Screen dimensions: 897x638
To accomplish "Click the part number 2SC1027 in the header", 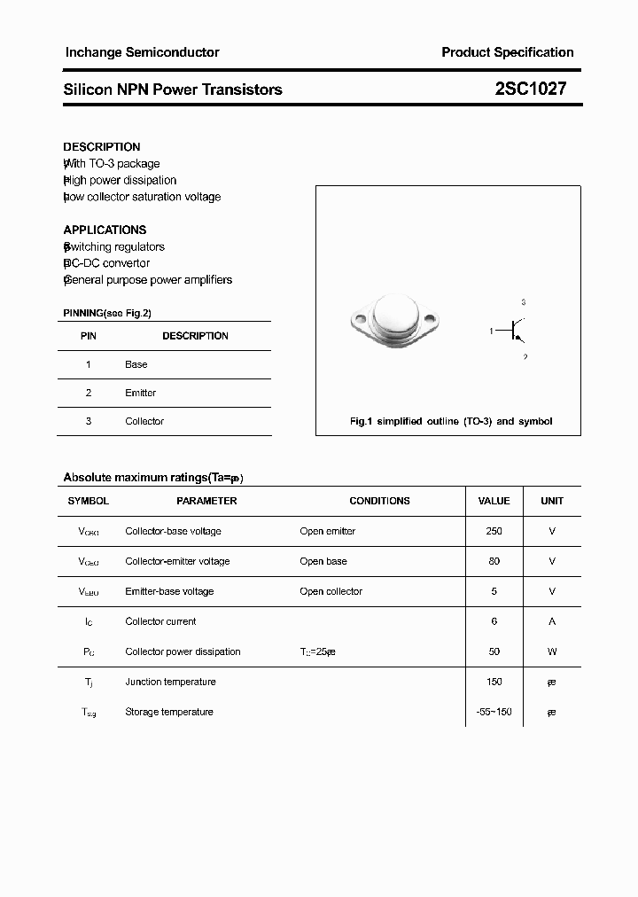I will [530, 90].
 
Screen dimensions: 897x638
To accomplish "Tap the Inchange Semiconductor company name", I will [142, 52].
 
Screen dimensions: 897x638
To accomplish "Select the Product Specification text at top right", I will [507, 52].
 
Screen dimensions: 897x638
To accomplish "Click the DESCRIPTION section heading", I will [102, 147].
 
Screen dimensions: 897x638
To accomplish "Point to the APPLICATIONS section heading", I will [105, 230].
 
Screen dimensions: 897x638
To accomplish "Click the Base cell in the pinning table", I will [136, 364].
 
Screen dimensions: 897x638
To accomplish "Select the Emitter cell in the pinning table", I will [140, 393].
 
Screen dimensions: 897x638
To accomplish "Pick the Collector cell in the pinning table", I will [144, 421].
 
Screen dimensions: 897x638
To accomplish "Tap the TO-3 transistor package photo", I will [392, 318].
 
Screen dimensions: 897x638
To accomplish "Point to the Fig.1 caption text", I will [450, 421].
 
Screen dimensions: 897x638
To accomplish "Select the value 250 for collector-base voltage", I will [494, 531].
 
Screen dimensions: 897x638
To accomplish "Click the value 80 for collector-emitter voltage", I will [494, 561].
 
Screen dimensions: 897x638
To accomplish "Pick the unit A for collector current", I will [551, 621].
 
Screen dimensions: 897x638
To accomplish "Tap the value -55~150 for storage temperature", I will [494, 712].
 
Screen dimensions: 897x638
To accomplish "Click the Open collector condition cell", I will [331, 591].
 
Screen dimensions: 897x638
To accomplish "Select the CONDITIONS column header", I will [379, 501].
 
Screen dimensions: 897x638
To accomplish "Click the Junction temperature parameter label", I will [170, 682].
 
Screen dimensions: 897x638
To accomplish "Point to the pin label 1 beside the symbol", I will [491, 331].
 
